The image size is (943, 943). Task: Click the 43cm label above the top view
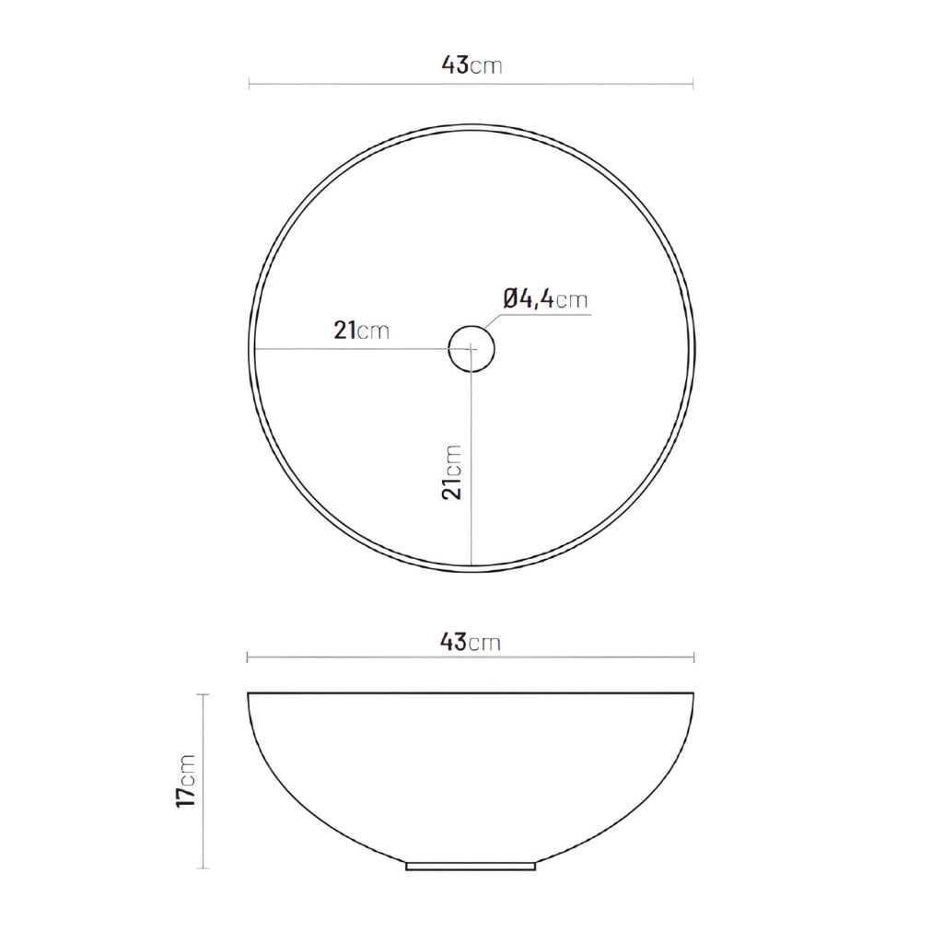pyautogui.click(x=471, y=64)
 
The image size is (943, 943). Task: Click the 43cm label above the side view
pyautogui.click(x=471, y=642)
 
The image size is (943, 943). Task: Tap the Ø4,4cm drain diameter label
pyautogui.click(x=545, y=299)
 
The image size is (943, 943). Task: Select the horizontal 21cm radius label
pyautogui.click(x=361, y=331)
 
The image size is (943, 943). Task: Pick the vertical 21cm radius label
pyautogui.click(x=451, y=472)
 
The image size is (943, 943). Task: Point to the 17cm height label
pyautogui.click(x=186, y=781)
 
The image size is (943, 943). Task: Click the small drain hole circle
pyautogui.click(x=471, y=349)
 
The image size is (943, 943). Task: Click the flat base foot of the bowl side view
pyautogui.click(x=471, y=867)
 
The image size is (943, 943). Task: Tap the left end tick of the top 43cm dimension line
pyautogui.click(x=249, y=84)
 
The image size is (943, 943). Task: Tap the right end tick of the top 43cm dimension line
pyautogui.click(x=693, y=84)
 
